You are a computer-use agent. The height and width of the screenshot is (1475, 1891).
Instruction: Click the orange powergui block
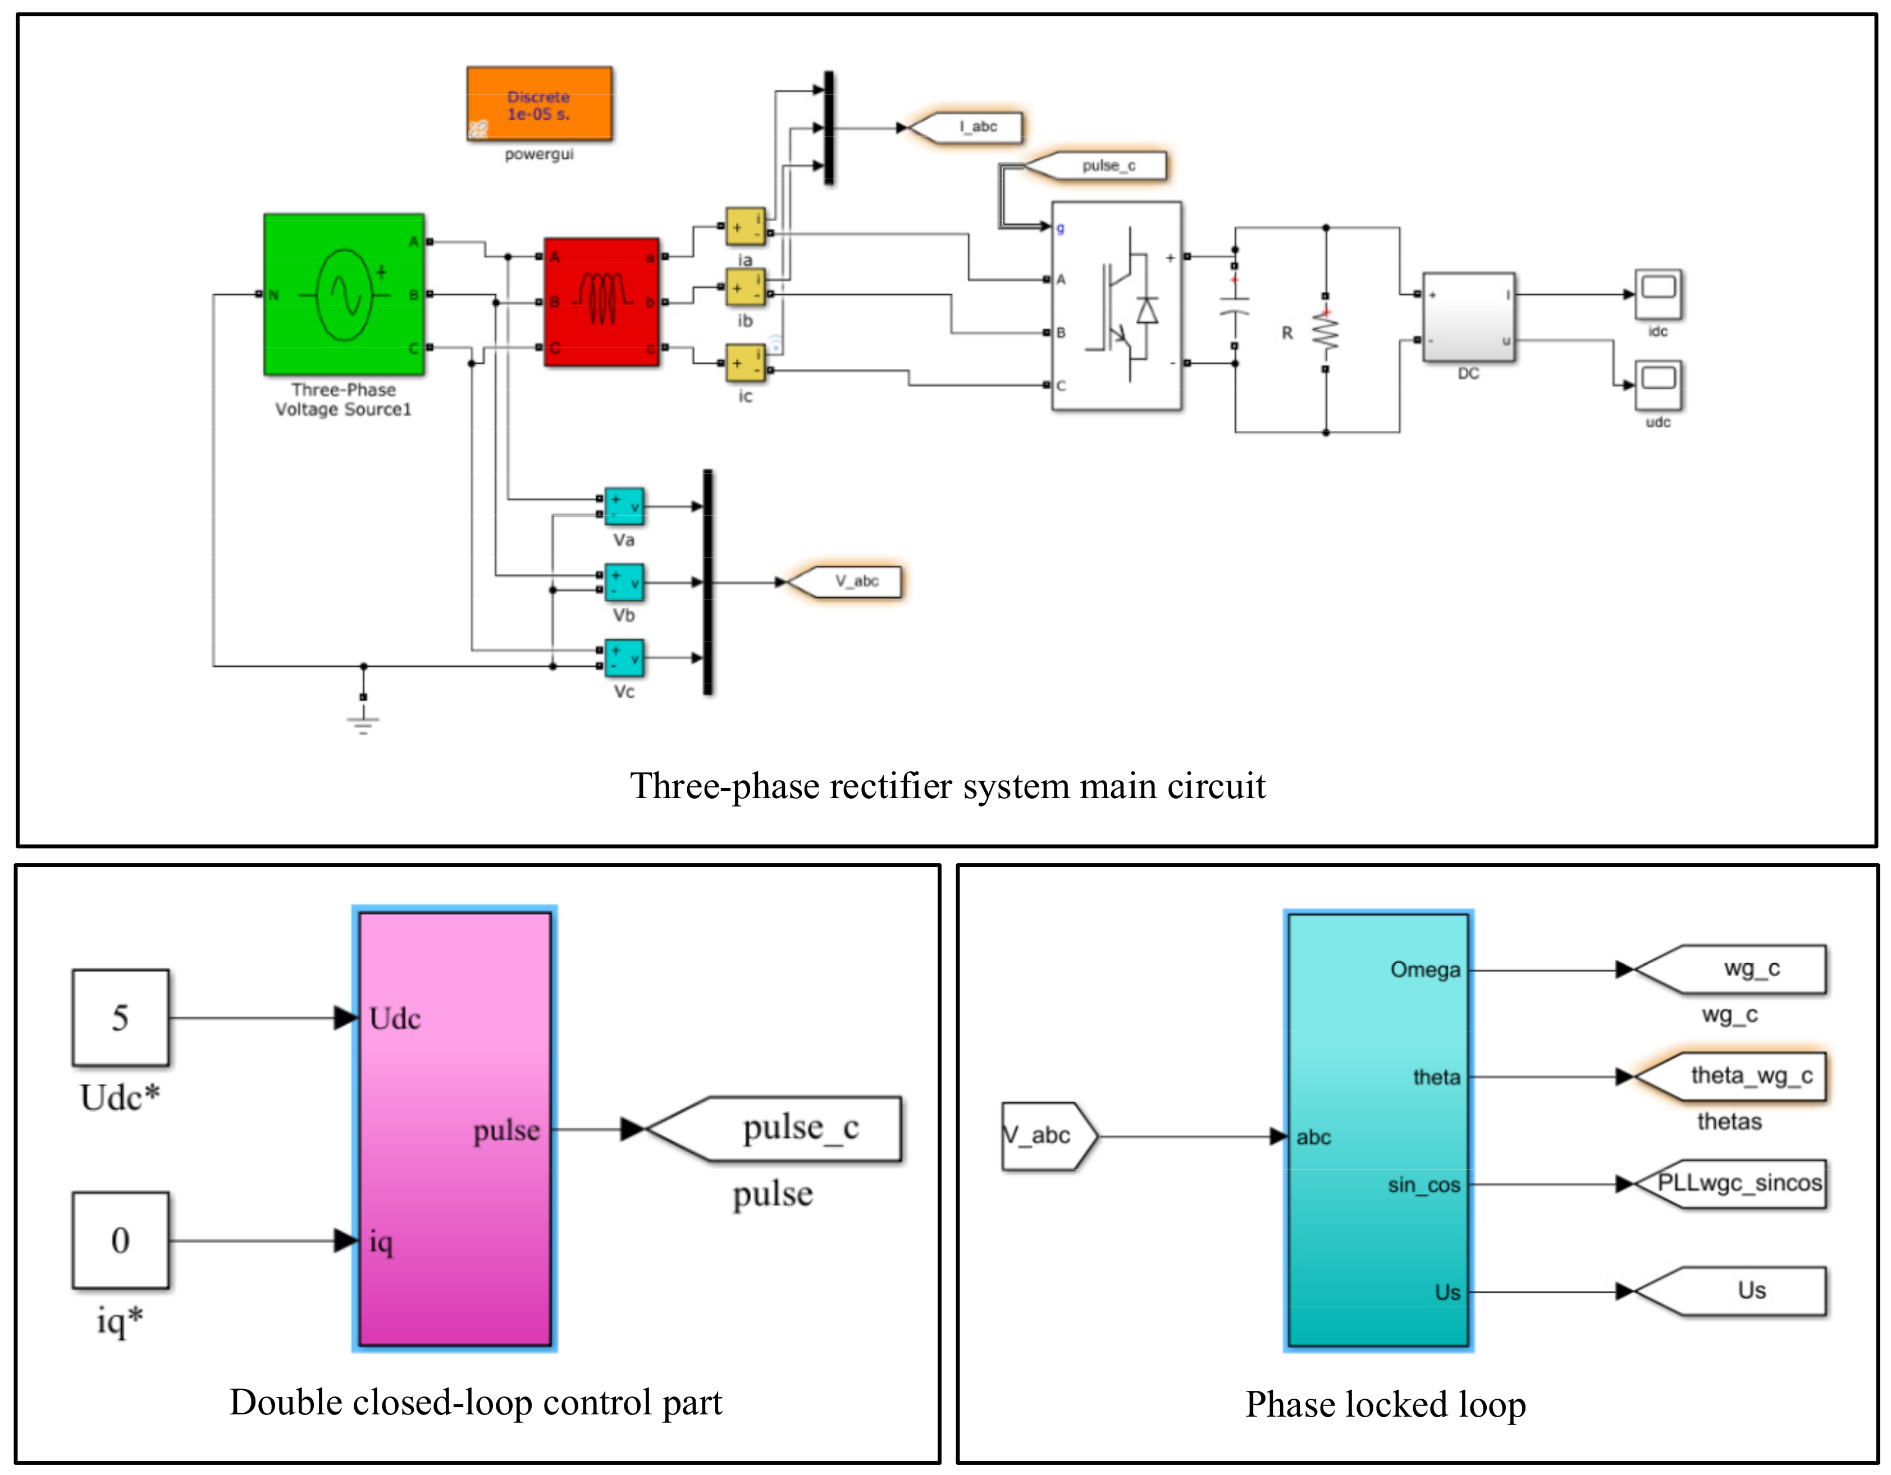click(538, 104)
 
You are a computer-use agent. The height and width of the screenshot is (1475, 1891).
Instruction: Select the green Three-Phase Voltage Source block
click(344, 294)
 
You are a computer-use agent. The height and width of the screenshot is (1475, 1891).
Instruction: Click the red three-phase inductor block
click(601, 301)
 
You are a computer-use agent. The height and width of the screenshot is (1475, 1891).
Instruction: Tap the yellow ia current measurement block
click(744, 227)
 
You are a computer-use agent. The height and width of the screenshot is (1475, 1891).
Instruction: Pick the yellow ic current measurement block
click(744, 363)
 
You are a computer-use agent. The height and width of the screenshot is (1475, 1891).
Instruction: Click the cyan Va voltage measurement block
click(623, 506)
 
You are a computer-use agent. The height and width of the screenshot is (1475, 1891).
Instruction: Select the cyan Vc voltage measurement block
click(623, 658)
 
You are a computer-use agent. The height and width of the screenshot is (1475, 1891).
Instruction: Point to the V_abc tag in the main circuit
click(852, 581)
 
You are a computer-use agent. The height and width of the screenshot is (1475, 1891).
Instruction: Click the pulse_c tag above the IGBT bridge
click(1103, 166)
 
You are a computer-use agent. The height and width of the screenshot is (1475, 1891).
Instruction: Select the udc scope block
click(1657, 384)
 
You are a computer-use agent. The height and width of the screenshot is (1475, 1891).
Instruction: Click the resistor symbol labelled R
click(1324, 332)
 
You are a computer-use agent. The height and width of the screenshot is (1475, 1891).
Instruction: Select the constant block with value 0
click(120, 1240)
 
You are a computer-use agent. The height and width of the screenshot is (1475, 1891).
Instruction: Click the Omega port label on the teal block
click(1424, 969)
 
